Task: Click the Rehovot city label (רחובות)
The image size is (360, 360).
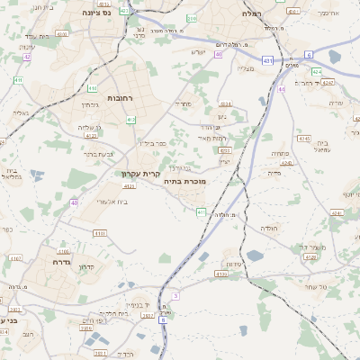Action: [x=120, y=97]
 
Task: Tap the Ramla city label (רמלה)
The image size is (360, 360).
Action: [x=251, y=13]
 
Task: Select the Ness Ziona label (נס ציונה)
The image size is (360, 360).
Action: [x=95, y=13]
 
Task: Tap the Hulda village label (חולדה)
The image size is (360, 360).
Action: [x=271, y=229]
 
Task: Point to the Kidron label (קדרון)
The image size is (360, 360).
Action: [x=86, y=266]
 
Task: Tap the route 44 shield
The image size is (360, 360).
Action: [x=281, y=88]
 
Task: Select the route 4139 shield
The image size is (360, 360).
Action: [x=130, y=186]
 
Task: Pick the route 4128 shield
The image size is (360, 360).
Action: [x=310, y=256]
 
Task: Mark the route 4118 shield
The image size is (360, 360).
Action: [x=99, y=232]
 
